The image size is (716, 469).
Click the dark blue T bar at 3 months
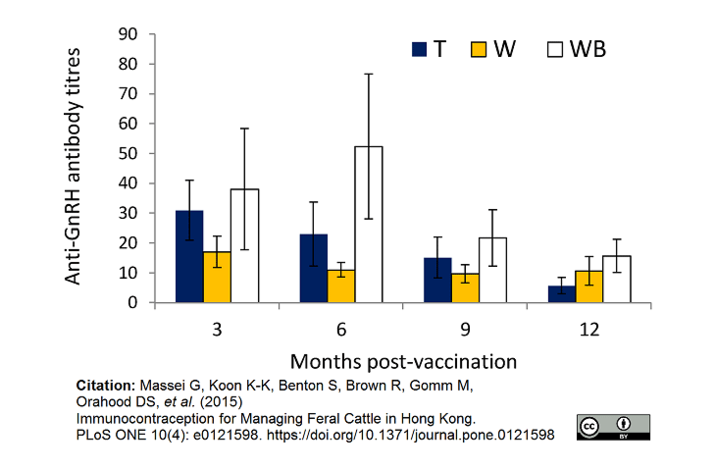pos(189,257)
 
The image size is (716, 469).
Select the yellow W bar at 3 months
pos(217,278)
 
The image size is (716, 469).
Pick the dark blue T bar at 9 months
pos(438,281)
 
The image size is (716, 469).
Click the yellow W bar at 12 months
pos(589,287)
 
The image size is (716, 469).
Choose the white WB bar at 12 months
pos(617,280)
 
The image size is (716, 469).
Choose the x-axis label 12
pos(589,330)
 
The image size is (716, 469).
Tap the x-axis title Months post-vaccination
pos(402,361)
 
